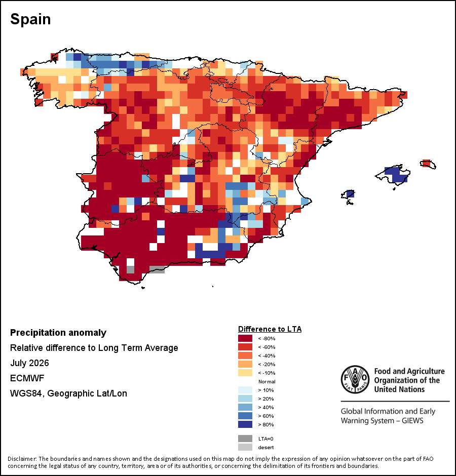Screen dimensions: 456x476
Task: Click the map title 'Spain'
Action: click(x=30, y=19)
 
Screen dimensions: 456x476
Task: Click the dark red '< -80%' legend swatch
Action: click(x=245, y=338)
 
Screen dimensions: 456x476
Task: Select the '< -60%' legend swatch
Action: click(x=245, y=347)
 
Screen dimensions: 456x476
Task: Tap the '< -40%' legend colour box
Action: click(x=245, y=355)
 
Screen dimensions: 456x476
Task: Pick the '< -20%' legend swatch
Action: click(x=245, y=364)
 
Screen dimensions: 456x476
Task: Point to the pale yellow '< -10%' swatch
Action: click(x=245, y=373)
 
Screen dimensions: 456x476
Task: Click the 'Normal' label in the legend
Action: click(x=267, y=382)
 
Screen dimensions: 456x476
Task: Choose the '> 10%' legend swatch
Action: click(x=245, y=390)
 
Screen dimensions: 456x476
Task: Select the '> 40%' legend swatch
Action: click(x=245, y=407)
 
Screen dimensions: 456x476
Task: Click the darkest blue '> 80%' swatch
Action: click(x=245, y=424)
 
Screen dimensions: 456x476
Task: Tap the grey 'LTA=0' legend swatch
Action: click(x=245, y=439)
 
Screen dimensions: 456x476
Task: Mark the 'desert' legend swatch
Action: click(x=245, y=447)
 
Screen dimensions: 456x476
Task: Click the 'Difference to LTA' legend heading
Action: click(x=270, y=329)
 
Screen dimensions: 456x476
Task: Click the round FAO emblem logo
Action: click(x=355, y=379)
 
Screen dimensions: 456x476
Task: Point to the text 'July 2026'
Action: click(x=29, y=363)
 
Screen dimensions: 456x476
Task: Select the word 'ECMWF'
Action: click(x=27, y=378)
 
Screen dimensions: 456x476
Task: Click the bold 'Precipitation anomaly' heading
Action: click(x=58, y=333)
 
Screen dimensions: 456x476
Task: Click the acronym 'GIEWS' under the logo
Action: click(x=412, y=421)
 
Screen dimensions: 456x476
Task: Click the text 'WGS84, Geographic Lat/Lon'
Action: click(x=69, y=393)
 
